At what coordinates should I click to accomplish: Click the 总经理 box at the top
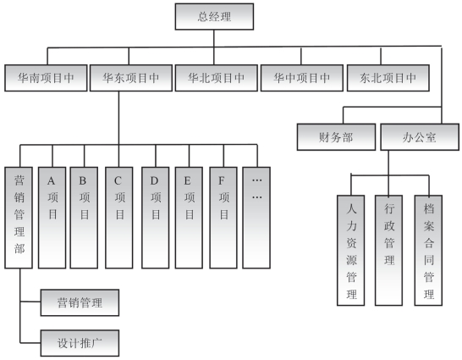tap(214, 16)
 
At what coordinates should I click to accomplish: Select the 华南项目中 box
tap(46, 78)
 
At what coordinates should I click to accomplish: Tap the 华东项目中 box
tap(131, 78)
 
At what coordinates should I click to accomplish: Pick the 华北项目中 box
tap(217, 78)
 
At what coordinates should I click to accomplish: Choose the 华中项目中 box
tap(302, 78)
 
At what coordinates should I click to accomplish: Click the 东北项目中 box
tap(388, 78)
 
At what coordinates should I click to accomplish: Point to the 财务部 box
tap(336, 137)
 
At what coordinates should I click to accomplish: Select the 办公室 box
tap(420, 137)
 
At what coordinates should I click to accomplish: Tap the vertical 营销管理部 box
tap(19, 218)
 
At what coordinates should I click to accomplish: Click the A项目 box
tap(52, 218)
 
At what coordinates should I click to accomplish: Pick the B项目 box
tap(84, 218)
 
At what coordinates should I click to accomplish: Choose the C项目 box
tap(119, 218)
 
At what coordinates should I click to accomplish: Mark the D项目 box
tap(156, 218)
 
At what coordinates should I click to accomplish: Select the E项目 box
tap(189, 218)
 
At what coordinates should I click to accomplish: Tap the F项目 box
tap(223, 218)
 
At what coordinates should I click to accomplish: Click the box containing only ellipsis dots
tap(256, 218)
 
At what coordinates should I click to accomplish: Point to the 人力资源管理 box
tap(351, 251)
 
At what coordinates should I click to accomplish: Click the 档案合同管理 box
tap(428, 251)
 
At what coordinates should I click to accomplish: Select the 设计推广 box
tap(80, 343)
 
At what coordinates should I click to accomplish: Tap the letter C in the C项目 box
tap(118, 180)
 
